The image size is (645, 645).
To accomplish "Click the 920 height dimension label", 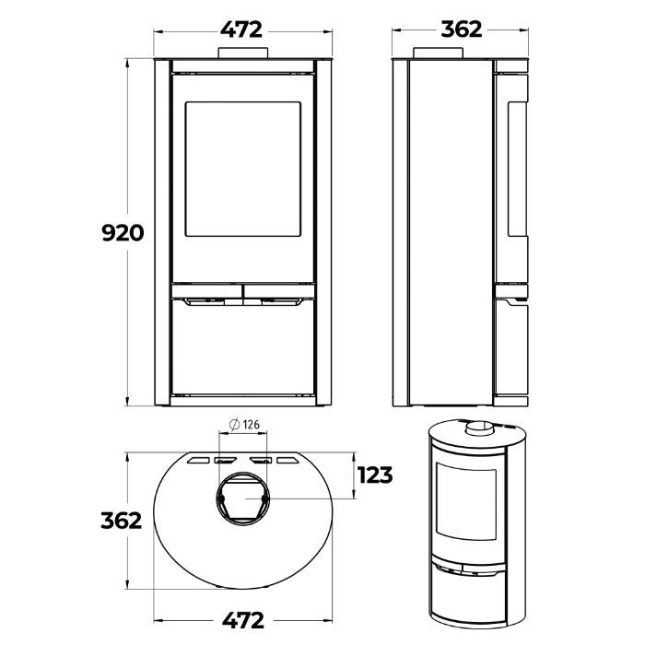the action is pos(123,233).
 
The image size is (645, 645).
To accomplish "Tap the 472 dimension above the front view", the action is pos(241,29).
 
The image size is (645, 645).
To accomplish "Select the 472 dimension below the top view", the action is pos(242,620).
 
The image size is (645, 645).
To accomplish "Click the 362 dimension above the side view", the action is pos(461,29).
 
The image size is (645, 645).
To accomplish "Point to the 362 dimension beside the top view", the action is pos(122,521).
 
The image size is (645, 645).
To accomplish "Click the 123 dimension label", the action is pos(375,475).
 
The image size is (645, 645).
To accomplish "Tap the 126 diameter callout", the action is pos(244,424).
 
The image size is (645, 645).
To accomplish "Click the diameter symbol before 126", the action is pos(234,424).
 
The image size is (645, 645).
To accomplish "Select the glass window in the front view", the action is pos(242,169).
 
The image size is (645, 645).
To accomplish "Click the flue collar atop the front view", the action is pos(243,53).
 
